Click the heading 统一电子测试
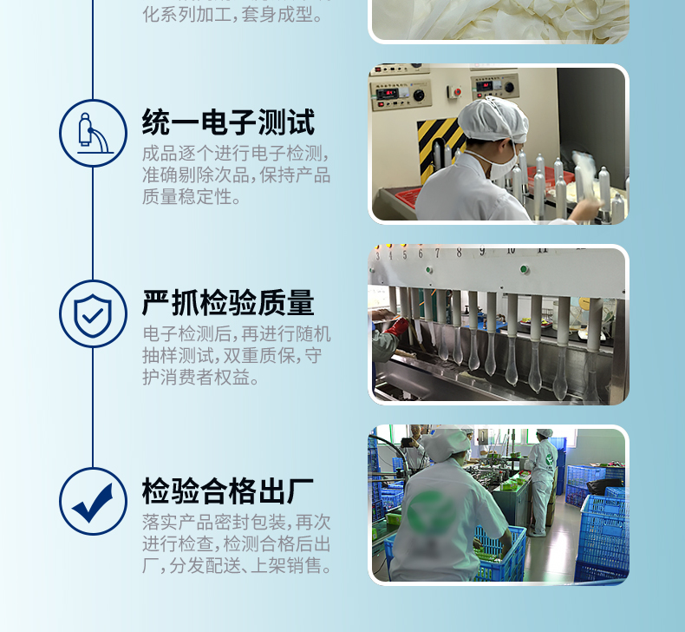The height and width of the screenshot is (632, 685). (x=228, y=122)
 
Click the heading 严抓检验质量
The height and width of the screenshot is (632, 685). (x=228, y=303)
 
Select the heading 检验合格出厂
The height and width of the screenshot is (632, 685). (x=228, y=491)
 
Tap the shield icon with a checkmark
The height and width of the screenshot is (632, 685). (x=93, y=313)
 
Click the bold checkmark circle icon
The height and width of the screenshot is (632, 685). (x=93, y=501)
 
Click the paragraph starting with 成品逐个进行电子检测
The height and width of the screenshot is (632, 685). (x=236, y=175)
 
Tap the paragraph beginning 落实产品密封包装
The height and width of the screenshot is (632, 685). (x=236, y=544)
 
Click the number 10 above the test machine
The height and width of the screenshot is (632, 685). (x=512, y=251)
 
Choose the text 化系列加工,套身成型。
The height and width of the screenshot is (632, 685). (x=237, y=15)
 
